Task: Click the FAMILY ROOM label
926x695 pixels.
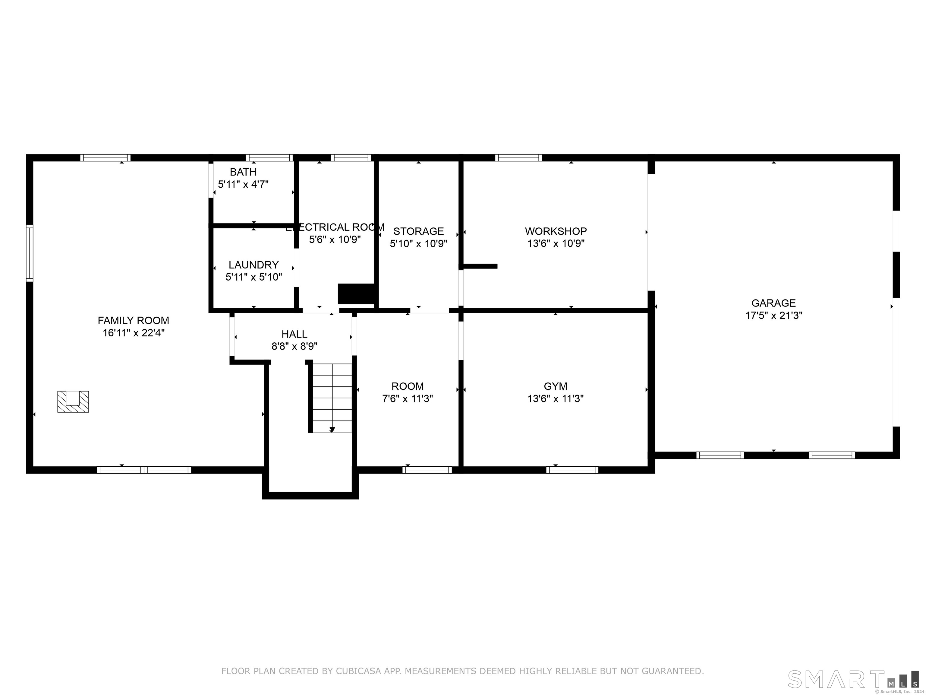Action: [133, 320]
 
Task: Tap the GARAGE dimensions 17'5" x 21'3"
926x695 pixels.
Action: [773, 316]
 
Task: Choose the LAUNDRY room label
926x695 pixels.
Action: [253, 265]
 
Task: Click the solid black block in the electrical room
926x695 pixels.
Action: [356, 294]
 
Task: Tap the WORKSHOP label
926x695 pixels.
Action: [556, 231]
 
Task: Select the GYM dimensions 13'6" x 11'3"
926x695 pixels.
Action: [555, 398]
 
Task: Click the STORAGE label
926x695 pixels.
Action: [418, 231]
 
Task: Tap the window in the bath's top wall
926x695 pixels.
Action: [269, 158]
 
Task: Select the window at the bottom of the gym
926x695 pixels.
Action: [572, 470]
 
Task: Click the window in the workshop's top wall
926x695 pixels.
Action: [518, 158]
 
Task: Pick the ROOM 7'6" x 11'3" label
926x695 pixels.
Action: [407, 386]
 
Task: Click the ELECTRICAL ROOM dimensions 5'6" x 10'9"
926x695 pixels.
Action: [335, 240]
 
